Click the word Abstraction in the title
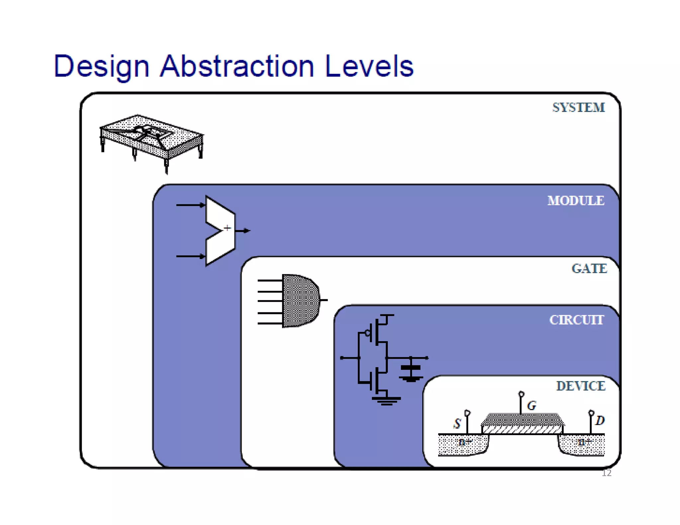[236, 66]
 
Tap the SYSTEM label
[578, 108]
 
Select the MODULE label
[576, 200]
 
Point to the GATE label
[589, 268]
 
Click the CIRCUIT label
[576, 320]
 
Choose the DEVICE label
[580, 386]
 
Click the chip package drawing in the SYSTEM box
[151, 139]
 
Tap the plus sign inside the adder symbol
[227, 228]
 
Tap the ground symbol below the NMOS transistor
[386, 401]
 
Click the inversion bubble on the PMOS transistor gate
[368, 333]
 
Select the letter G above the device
[531, 406]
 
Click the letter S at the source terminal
[457, 423]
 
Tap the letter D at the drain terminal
[600, 420]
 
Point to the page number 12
[606, 473]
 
